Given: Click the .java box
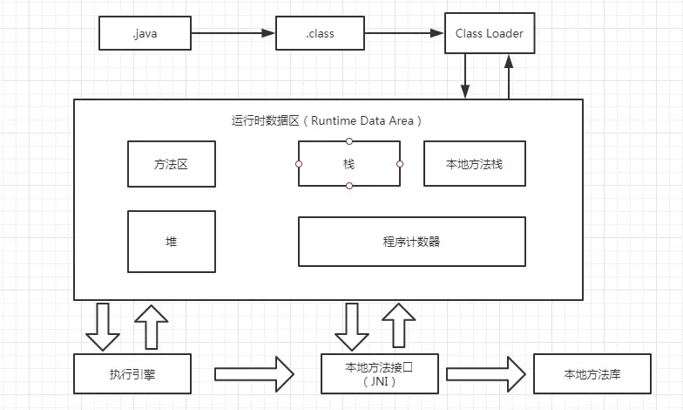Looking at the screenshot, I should click(145, 34).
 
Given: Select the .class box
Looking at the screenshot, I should click(320, 34).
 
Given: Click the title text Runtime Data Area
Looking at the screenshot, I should click(328, 120).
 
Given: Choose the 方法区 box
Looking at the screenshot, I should click(171, 163).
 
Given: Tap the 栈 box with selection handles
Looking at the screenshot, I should click(349, 163).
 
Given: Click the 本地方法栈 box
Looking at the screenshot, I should click(475, 163).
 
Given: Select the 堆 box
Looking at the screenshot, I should click(171, 241).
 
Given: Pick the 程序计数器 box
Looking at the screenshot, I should click(412, 241).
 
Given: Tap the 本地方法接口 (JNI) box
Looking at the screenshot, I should click(382, 374).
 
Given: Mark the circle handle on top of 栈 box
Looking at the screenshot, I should click(349, 140).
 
